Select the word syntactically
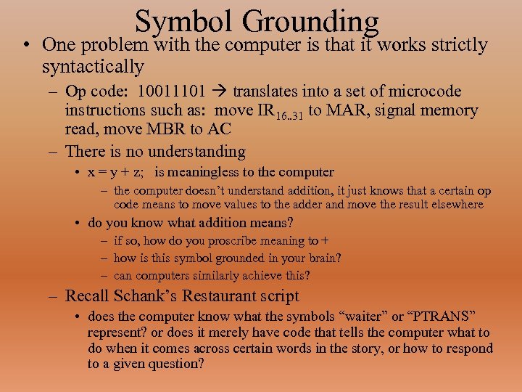click(93, 67)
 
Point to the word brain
click(323, 258)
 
